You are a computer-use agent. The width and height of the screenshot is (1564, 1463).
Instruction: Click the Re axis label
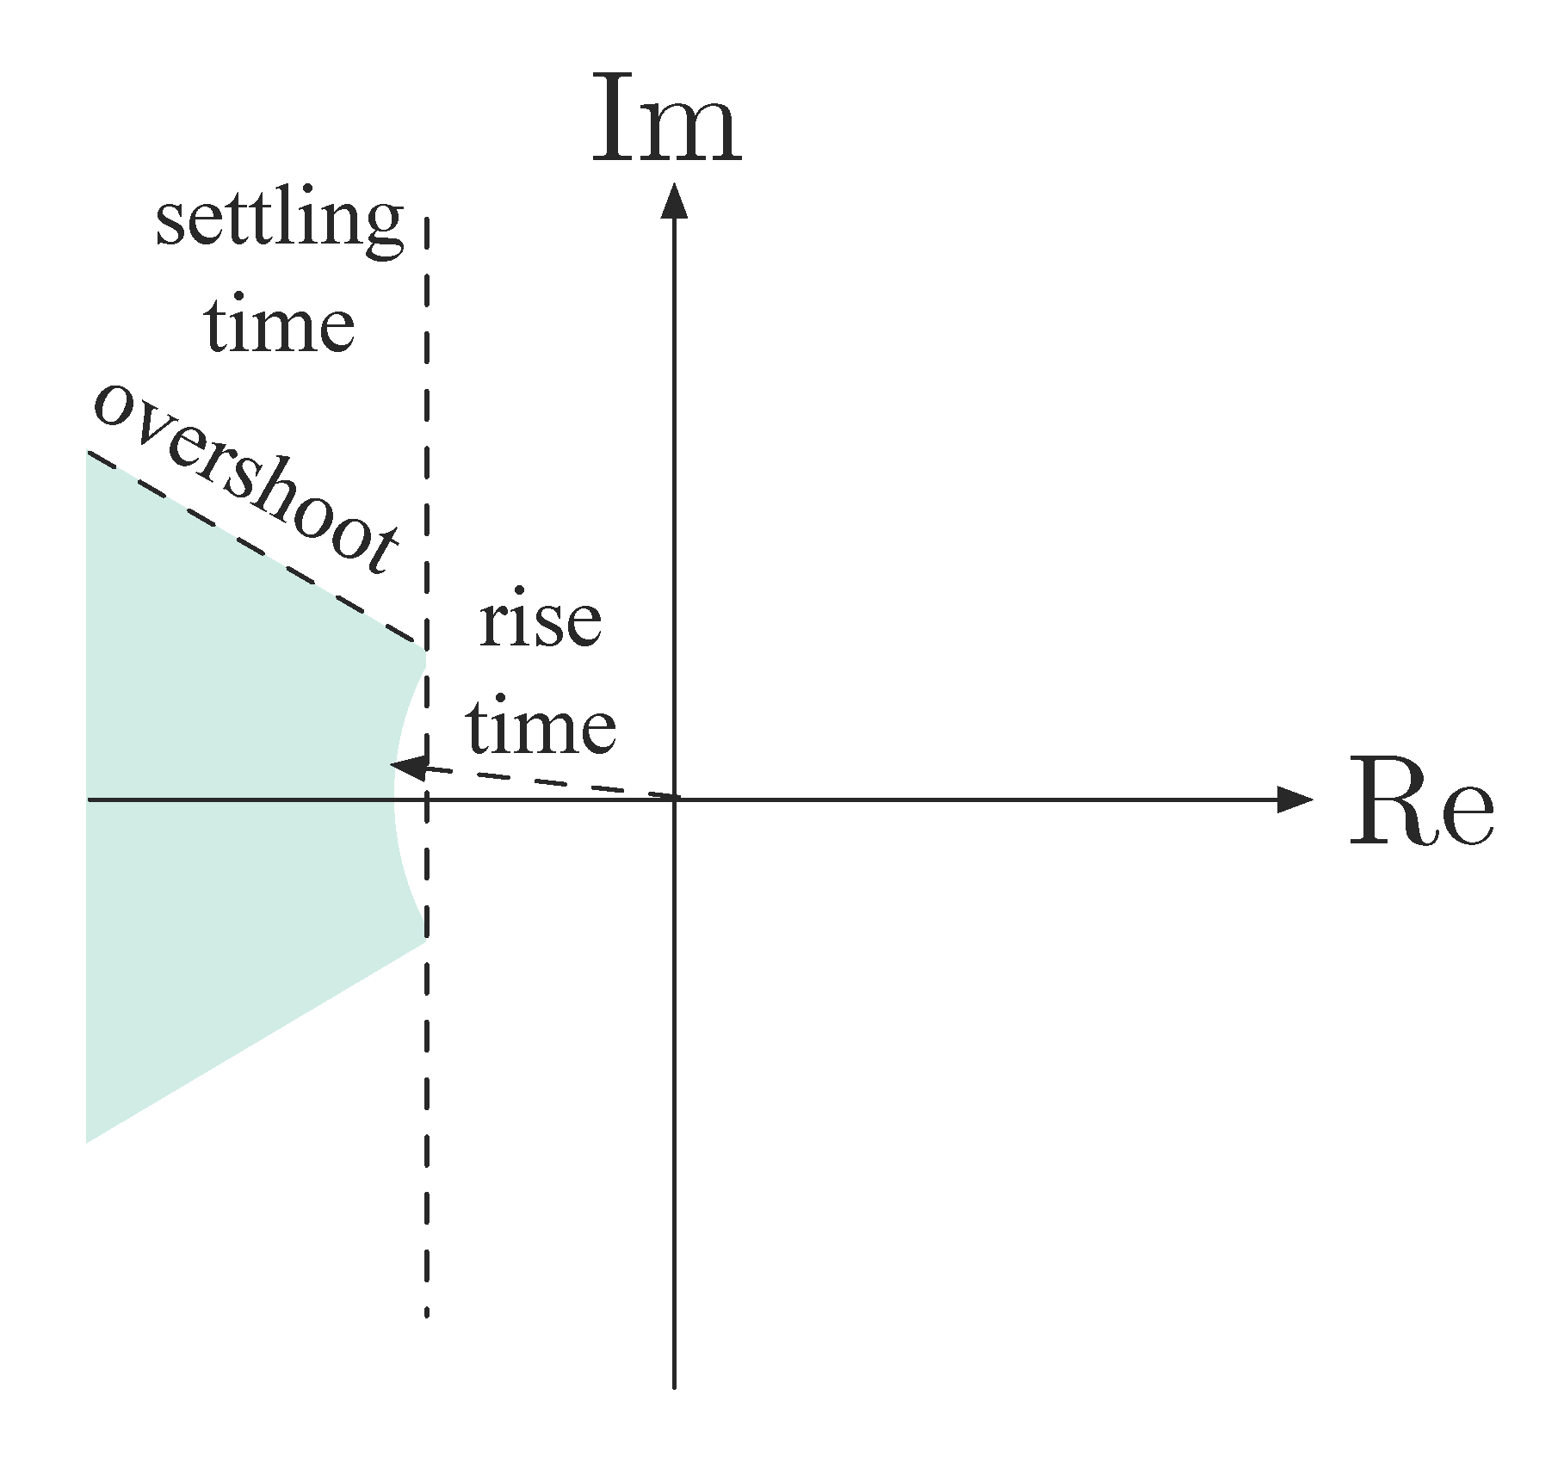click(1420, 803)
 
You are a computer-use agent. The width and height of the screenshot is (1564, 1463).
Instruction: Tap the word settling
click(279, 221)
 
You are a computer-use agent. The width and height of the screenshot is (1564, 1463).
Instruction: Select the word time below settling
click(280, 326)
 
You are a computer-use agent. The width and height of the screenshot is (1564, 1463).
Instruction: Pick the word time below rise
click(541, 727)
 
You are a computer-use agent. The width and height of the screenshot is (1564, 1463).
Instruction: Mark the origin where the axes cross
click(674, 800)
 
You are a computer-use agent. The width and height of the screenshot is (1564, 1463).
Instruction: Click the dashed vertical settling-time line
click(427, 1119)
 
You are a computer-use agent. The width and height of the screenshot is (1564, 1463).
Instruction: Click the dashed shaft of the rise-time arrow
click(551, 783)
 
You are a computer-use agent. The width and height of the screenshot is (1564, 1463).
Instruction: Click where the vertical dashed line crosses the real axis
click(427, 800)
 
